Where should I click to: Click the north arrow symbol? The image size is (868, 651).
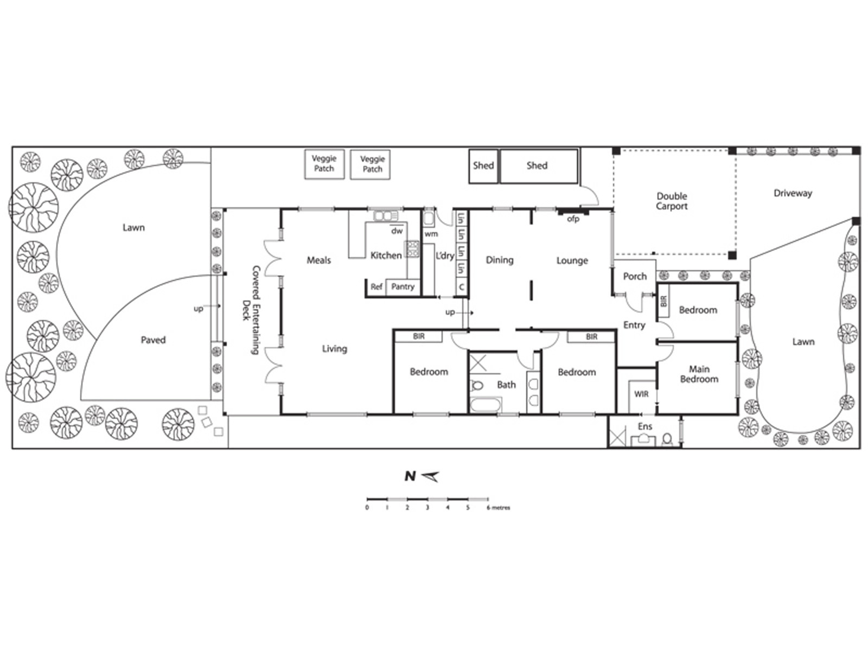(x=430, y=477)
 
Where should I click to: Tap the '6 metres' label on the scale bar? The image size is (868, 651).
(x=498, y=508)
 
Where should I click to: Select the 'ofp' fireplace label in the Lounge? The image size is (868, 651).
(x=573, y=219)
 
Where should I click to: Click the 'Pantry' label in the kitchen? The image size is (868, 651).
(x=403, y=286)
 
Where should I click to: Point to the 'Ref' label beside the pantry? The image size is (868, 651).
(x=376, y=286)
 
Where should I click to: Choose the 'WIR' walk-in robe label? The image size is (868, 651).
(x=641, y=394)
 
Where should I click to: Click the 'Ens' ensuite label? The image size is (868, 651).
(x=645, y=426)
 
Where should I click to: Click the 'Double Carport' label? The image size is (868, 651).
(x=672, y=201)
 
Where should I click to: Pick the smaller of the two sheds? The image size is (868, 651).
(x=483, y=166)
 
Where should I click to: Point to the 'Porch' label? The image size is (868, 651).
(x=635, y=277)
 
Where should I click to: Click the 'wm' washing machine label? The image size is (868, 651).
(x=431, y=234)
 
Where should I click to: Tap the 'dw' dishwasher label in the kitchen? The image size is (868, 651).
(x=397, y=231)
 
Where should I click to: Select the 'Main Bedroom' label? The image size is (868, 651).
(x=699, y=374)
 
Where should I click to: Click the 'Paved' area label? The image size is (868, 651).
(x=153, y=340)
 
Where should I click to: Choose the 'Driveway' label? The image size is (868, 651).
(x=793, y=193)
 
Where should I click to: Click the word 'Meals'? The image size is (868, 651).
(x=319, y=260)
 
